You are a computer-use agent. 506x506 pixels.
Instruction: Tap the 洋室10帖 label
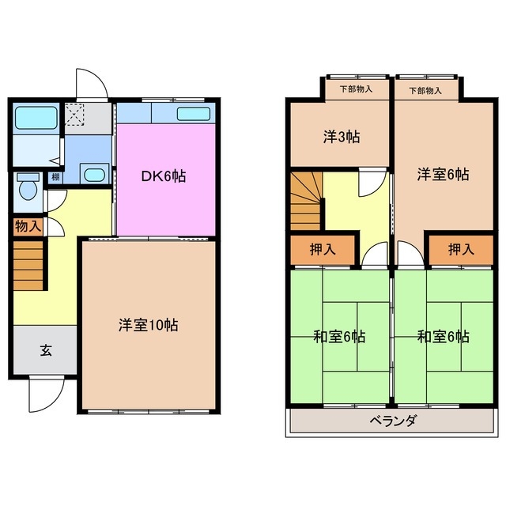click(x=148, y=324)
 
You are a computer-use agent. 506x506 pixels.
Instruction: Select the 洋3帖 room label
click(x=342, y=137)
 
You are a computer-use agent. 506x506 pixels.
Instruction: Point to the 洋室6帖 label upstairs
click(x=443, y=174)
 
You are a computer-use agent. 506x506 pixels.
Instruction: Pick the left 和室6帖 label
click(x=338, y=337)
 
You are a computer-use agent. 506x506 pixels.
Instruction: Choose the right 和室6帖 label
click(x=443, y=337)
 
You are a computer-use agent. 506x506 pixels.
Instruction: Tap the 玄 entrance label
click(x=45, y=351)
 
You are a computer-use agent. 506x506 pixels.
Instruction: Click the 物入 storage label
click(x=28, y=226)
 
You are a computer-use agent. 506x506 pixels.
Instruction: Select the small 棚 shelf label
click(x=55, y=177)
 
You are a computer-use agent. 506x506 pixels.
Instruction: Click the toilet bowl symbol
click(x=28, y=188)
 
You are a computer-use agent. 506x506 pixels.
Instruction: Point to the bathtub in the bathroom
click(x=35, y=119)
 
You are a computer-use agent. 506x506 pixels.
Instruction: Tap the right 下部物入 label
click(x=425, y=90)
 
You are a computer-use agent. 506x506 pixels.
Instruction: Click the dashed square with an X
click(x=76, y=117)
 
